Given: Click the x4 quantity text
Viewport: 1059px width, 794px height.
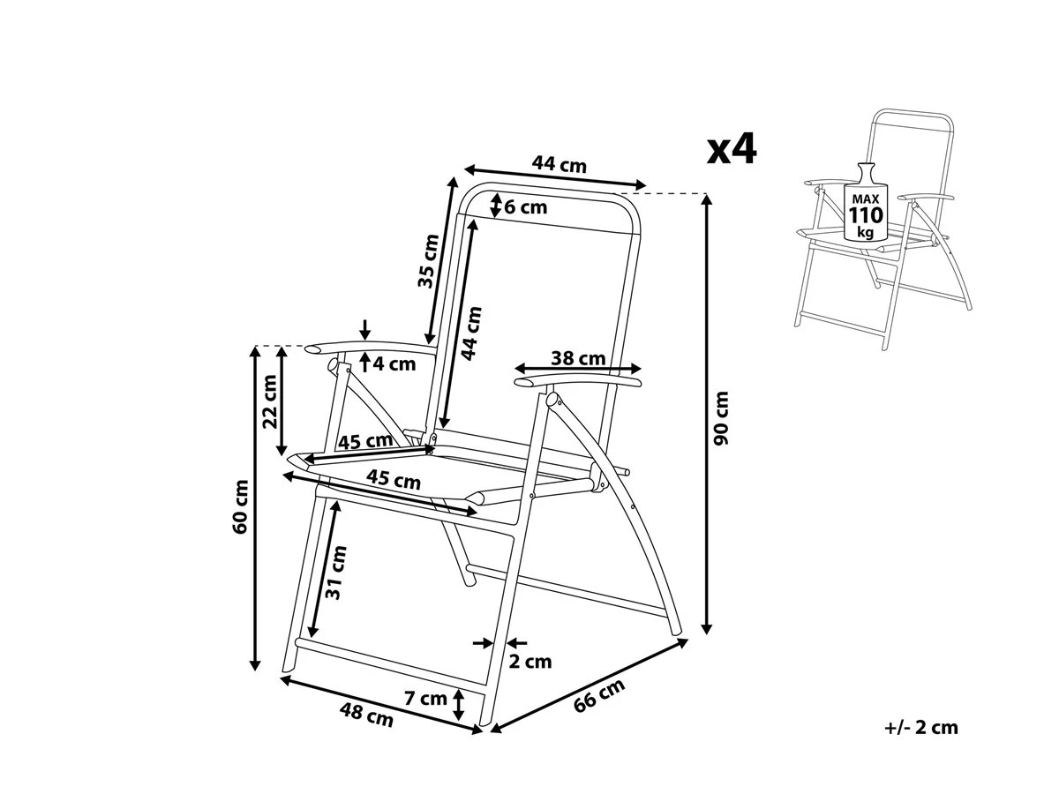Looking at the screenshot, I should click(732, 150).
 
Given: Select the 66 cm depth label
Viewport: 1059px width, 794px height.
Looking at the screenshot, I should click(599, 695).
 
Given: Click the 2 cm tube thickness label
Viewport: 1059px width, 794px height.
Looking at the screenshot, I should click(530, 661).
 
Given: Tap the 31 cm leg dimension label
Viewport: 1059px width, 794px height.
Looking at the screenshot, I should click(336, 573).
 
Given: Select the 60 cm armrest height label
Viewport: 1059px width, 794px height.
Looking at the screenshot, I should click(239, 506).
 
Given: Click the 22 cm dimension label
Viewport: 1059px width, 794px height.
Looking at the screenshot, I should click(269, 401).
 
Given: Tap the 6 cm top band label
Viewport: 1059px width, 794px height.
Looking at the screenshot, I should click(526, 207).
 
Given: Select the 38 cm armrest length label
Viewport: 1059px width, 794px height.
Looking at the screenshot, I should click(578, 358).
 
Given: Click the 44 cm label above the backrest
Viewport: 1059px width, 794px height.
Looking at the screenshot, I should click(559, 164).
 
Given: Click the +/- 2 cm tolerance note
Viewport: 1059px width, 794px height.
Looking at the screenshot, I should click(920, 728).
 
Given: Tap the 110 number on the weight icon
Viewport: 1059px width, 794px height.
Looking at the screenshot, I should click(866, 216).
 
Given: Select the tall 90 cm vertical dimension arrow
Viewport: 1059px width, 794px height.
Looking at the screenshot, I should click(706, 415).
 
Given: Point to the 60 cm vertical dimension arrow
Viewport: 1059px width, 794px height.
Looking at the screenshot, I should click(255, 507).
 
